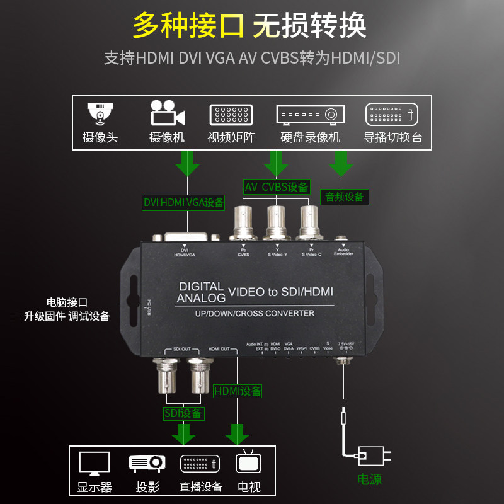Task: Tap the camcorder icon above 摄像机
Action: (x=167, y=114)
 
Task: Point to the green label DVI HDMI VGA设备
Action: (x=183, y=202)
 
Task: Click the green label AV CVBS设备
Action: (x=277, y=186)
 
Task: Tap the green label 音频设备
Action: (x=345, y=197)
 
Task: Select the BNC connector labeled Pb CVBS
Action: (x=244, y=222)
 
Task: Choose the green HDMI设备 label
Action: (x=238, y=391)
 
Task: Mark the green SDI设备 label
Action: (x=183, y=413)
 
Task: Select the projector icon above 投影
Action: (x=147, y=463)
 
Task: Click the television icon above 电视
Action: (x=248, y=463)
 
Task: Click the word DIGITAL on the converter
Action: (x=202, y=287)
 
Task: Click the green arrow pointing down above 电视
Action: (x=238, y=433)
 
